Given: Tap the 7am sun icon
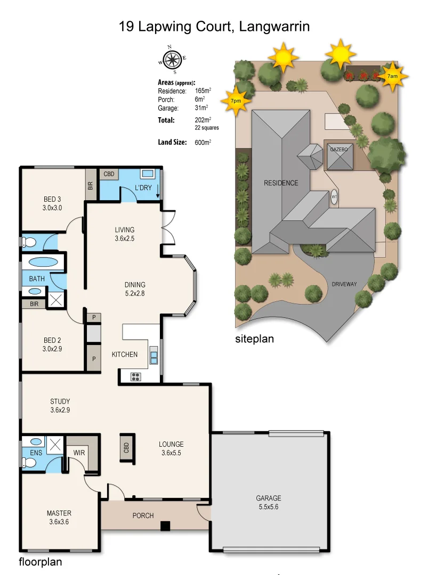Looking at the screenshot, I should coord(392,77).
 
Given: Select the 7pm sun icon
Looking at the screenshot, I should coord(235,100).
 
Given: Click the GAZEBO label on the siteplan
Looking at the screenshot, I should coord(338,150).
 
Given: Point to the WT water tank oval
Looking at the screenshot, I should coord(335,196).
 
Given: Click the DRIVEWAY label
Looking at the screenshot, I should coord(344,284).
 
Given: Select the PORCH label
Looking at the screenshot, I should coord(143,515).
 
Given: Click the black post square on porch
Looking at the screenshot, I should coord(165,526).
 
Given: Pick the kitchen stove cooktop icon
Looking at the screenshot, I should coord(136,376).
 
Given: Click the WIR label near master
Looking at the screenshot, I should coord(79,453).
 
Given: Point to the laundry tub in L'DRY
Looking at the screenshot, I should coord(147,174).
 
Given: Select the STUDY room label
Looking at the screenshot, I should coord(60,401).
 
